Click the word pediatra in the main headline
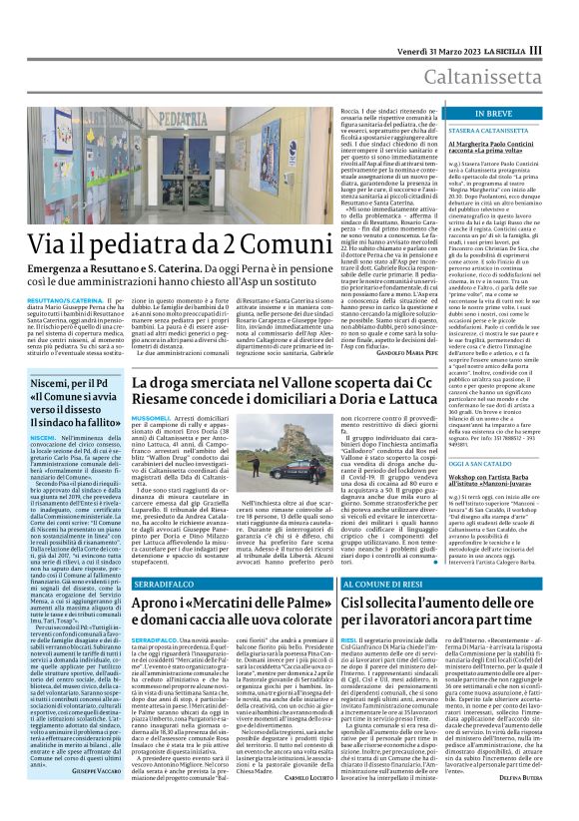point(159,241)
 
